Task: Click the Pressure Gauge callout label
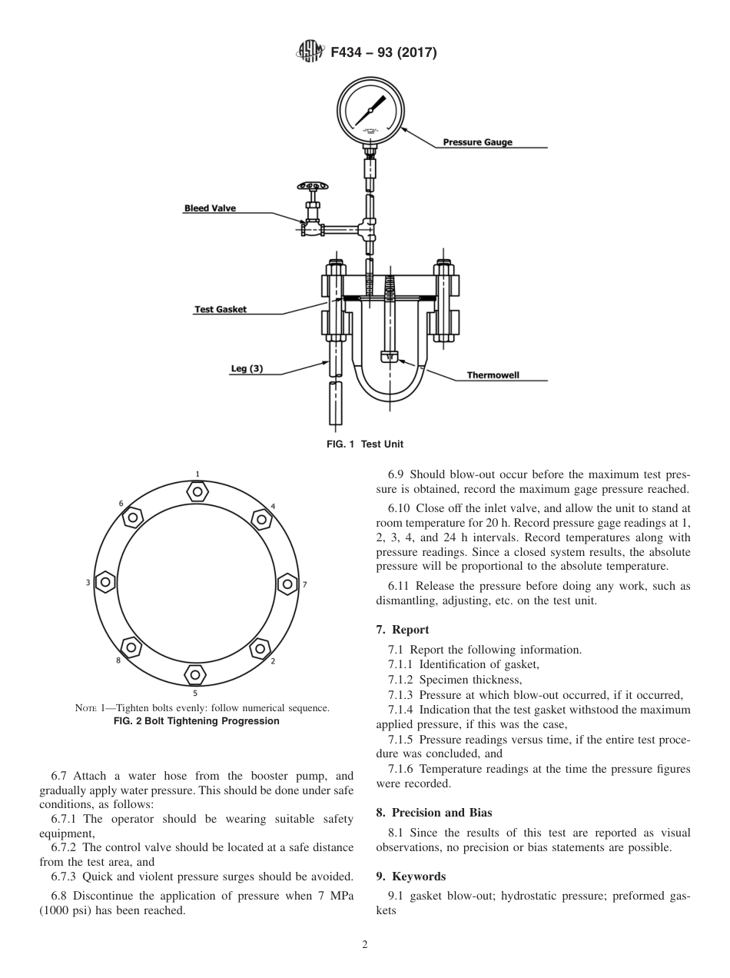477,142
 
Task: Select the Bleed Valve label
210,208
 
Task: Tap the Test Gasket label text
220,310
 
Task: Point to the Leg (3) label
247,369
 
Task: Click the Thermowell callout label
493,375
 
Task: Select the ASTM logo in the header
309,53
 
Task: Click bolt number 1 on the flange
197,491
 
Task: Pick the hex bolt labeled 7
287,584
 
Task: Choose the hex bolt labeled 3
105,584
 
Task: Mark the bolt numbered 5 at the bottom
195,675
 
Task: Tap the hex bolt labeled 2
260,647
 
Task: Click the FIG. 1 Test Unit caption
365,444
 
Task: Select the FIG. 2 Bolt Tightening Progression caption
197,721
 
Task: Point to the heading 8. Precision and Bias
434,812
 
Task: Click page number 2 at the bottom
365,945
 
